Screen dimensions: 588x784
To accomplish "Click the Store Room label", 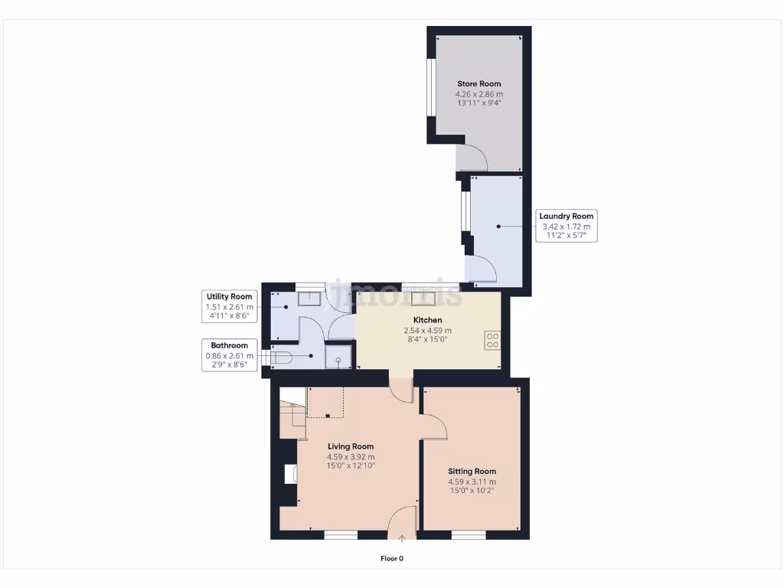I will pyautogui.click(x=479, y=83).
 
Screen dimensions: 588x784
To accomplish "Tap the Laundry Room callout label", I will pyautogui.click(x=566, y=217).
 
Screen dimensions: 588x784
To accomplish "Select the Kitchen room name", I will pyautogui.click(x=427, y=320).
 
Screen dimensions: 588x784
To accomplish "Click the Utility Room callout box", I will pyautogui.click(x=228, y=305).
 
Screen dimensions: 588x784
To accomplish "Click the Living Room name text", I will pyautogui.click(x=351, y=446).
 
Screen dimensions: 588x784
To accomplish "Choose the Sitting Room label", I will pyautogui.click(x=472, y=472).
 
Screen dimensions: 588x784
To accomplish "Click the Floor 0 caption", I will pyautogui.click(x=392, y=558).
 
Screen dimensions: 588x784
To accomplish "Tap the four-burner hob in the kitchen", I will pyautogui.click(x=492, y=340).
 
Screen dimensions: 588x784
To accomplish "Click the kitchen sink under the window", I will pyautogui.click(x=423, y=299).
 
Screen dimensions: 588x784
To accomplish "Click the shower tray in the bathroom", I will pyautogui.click(x=338, y=358).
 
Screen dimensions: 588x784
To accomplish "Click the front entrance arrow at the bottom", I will pyautogui.click(x=402, y=539).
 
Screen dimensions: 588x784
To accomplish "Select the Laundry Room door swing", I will pyautogui.click(x=482, y=269).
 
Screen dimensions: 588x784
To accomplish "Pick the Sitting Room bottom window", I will pyautogui.click(x=468, y=534).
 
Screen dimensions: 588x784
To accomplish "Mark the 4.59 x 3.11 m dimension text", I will pyautogui.click(x=472, y=482).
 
